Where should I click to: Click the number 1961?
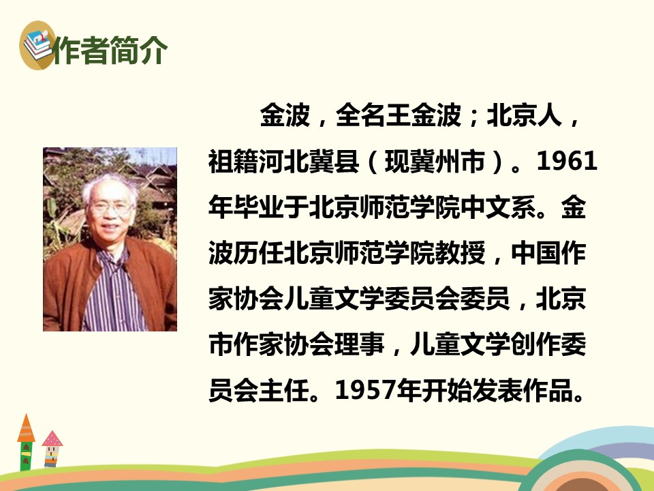[567, 161]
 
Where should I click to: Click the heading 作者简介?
[111, 50]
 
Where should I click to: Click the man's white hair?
[109, 187]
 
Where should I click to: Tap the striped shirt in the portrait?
[112, 293]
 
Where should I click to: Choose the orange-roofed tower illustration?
[26, 443]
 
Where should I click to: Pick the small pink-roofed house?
[52, 449]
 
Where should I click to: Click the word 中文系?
[499, 207]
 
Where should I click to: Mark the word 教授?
[461, 253]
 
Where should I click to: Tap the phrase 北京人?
[525, 115]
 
